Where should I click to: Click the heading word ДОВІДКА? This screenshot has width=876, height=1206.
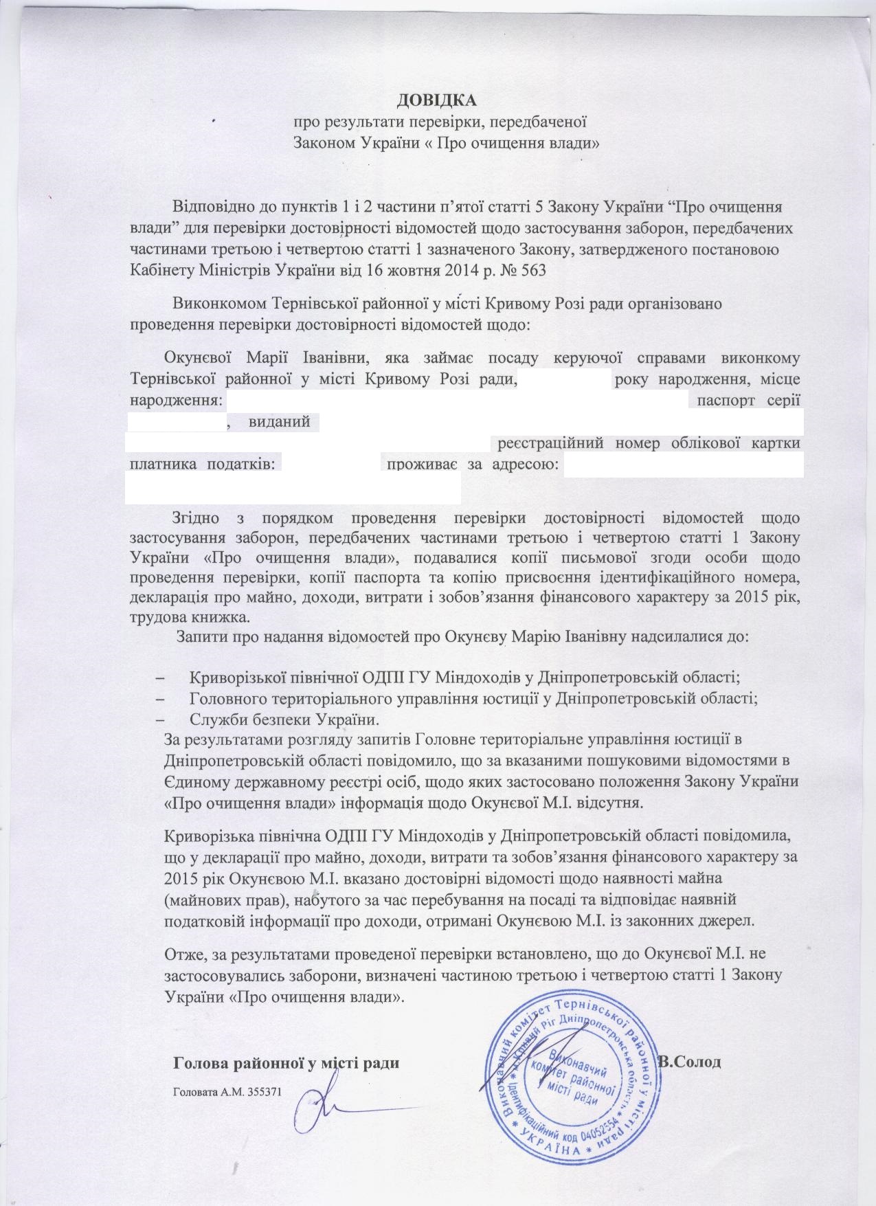(x=437, y=102)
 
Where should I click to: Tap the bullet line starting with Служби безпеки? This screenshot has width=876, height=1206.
(x=283, y=720)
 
